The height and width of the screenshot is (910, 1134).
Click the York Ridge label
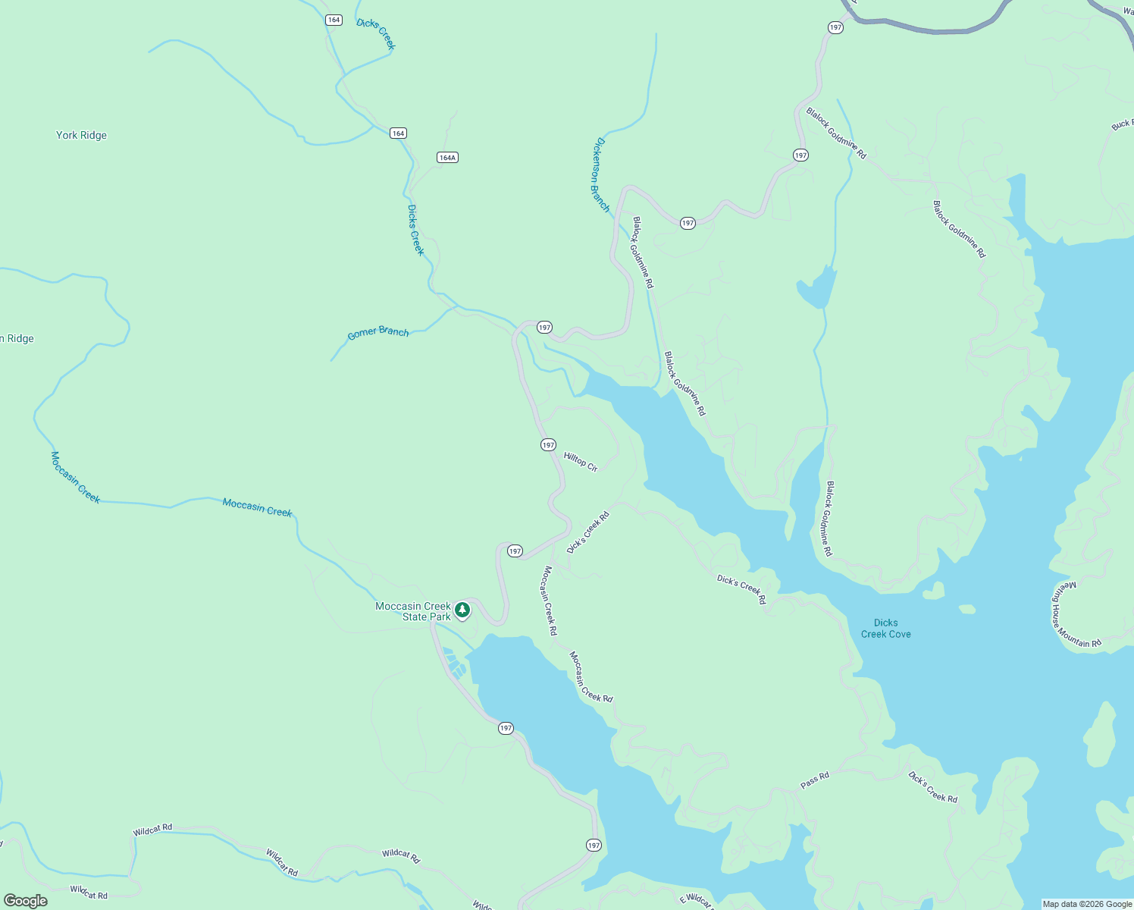point(81,135)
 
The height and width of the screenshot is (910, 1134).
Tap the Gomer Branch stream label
point(377,332)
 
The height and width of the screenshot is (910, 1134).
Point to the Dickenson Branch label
point(601,174)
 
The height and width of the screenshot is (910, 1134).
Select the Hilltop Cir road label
point(581,461)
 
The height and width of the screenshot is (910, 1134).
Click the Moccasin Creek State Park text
point(413,611)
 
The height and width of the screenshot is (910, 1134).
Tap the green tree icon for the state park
point(462,610)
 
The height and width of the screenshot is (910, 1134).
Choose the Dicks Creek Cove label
point(885,629)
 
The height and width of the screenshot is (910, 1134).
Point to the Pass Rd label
point(815,780)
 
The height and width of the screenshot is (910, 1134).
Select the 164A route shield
point(447,158)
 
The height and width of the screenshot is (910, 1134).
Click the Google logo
point(25,901)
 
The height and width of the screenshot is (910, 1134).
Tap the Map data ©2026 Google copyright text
point(1087,904)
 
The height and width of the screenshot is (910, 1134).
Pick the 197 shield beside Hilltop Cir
point(548,445)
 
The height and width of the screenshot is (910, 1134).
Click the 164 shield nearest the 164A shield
point(398,133)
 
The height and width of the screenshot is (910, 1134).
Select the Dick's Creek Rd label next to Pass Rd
point(932,787)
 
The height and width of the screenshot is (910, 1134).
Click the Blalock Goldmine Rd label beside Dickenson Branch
point(643,253)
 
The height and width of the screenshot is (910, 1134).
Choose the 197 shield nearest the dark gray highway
point(835,27)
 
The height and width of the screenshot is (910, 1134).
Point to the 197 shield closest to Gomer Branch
point(544,328)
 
